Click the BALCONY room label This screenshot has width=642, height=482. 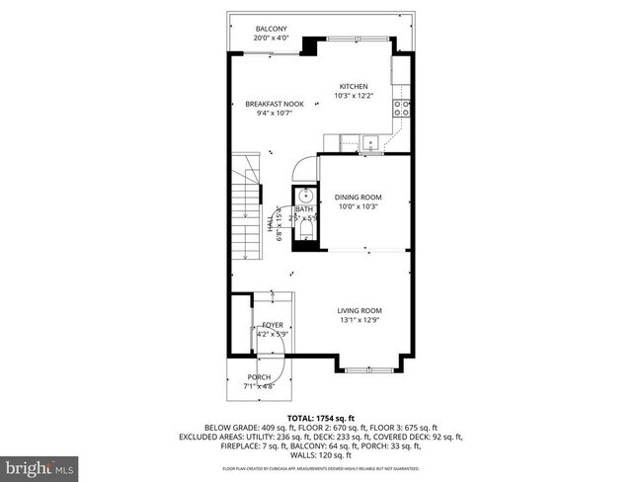(271, 29)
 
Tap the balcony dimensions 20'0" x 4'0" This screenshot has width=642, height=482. (271, 39)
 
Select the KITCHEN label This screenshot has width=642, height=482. (355, 86)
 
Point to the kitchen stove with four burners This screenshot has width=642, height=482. (404, 109)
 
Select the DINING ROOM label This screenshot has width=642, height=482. (357, 197)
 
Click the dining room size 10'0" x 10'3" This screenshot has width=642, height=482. (357, 206)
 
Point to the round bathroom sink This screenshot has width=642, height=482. (302, 195)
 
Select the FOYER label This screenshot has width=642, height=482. (272, 325)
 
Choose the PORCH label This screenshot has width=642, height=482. (259, 377)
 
